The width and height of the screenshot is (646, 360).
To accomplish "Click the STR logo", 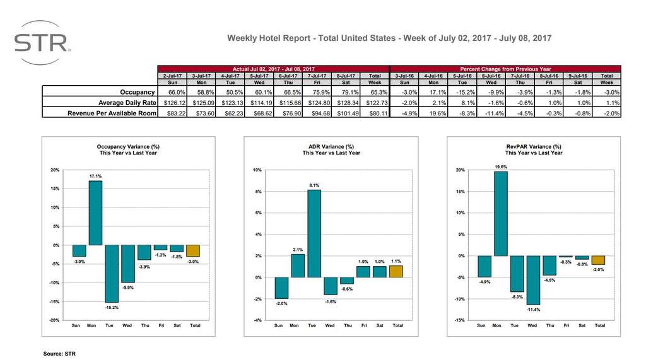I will coord(42,42).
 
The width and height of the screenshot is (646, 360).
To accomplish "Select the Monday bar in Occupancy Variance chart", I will coord(95,212).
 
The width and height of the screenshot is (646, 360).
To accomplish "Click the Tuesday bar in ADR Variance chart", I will coord(314,233).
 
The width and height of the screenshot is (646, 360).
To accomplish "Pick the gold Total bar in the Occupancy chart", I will coord(193,250).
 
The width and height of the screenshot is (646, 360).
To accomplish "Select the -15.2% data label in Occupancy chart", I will coord(111,307).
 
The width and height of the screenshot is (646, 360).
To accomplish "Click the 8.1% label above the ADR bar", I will coord(314,185).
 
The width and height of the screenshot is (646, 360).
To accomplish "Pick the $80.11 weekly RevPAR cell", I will coord(375,112).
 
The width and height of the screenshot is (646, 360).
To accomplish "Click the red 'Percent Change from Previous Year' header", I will coord(506,68).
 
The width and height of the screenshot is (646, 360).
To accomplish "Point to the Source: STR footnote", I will coord(59,354).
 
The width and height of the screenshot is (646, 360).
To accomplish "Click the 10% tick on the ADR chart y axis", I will coord(257,170).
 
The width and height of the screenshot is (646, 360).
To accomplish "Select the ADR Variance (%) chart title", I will coord(331,146).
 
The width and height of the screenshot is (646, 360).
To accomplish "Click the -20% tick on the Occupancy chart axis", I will coord(54,320).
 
